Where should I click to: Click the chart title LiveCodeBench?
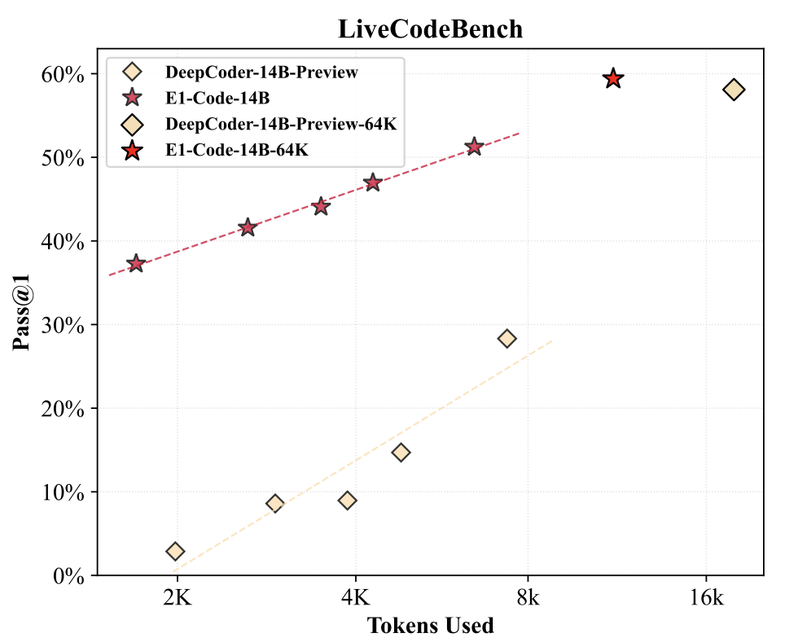pos(430,29)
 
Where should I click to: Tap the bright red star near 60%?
pos(613,79)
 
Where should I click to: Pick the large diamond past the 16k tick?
pos(734,90)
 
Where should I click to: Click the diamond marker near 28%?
pos(507,338)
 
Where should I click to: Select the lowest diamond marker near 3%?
pos(175,552)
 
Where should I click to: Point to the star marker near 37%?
pos(136,263)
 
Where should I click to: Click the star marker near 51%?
pos(474,147)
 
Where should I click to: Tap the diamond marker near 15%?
pos(401,452)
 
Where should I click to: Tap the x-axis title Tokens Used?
pos(430,625)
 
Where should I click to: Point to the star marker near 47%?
pos(373,182)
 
